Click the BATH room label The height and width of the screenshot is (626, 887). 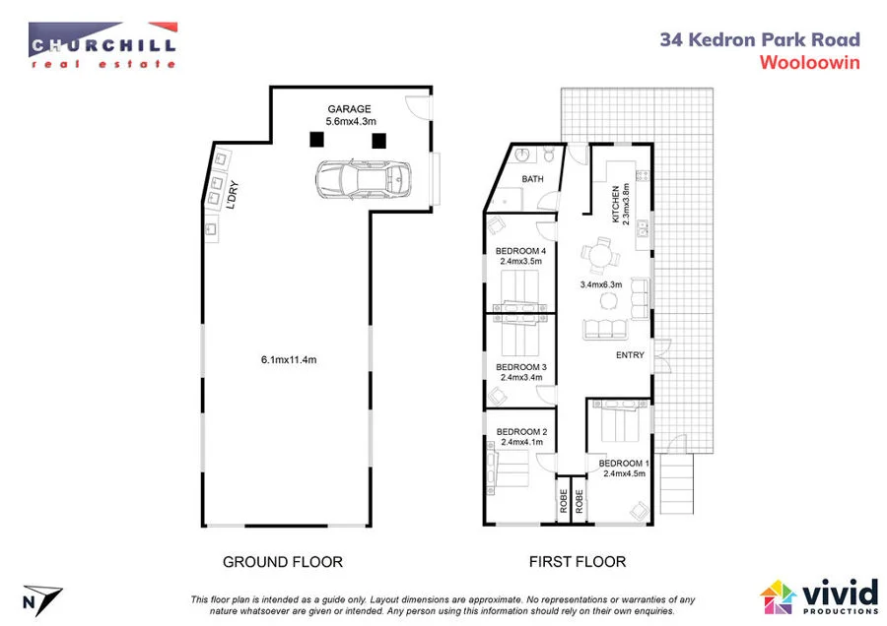pyautogui.click(x=533, y=179)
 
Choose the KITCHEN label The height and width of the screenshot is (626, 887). pyautogui.click(x=615, y=205)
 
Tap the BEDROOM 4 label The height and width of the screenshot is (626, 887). pyautogui.click(x=521, y=251)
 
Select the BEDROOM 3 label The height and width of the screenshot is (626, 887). pyautogui.click(x=521, y=366)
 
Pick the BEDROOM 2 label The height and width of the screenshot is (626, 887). pyautogui.click(x=521, y=431)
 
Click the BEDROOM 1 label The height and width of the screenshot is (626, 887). pyautogui.click(x=624, y=463)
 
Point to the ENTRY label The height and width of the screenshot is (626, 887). pyautogui.click(x=630, y=355)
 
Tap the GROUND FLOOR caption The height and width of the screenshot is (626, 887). pyautogui.click(x=283, y=562)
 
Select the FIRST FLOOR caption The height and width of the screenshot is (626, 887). pyautogui.click(x=577, y=562)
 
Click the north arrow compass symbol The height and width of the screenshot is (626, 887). pyautogui.click(x=41, y=597)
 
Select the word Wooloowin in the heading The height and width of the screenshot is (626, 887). pyautogui.click(x=809, y=61)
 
